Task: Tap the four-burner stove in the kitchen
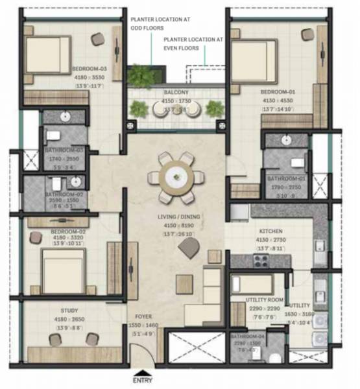(x=261, y=261)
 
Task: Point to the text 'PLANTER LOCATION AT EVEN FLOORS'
(x=193, y=44)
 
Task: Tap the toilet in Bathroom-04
(x=276, y=357)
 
